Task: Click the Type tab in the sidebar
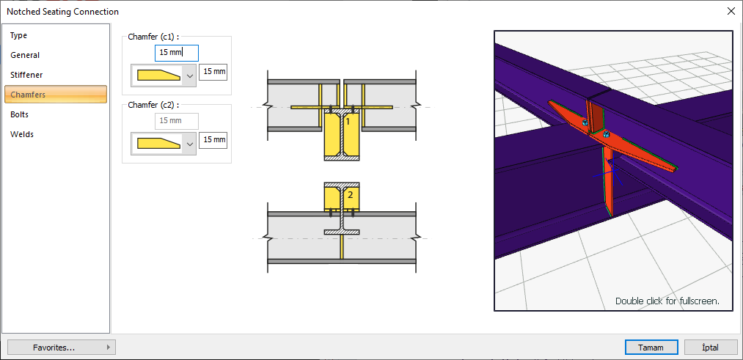tap(19, 35)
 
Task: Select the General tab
tap(25, 56)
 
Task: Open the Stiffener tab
tap(26, 75)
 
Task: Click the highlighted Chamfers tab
tap(56, 95)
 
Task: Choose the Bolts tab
tap(19, 114)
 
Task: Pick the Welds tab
tap(22, 134)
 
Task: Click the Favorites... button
tap(62, 348)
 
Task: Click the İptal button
tap(710, 348)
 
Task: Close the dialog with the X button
tap(731, 12)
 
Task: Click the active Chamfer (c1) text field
tap(177, 53)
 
